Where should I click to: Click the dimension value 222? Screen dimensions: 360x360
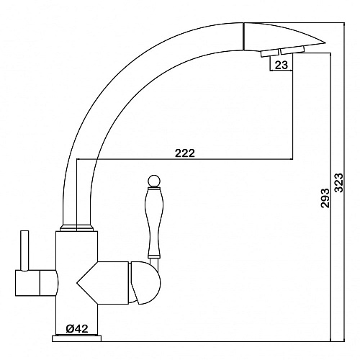185,153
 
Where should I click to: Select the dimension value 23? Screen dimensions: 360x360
281,65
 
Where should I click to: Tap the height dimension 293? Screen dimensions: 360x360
325,198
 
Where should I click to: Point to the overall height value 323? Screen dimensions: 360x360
339,182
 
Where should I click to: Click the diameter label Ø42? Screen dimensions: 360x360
77,328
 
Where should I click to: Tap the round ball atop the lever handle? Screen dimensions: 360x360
153,181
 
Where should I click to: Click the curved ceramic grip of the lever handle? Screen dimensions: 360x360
154,222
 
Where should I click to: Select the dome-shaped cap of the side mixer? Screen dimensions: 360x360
145,283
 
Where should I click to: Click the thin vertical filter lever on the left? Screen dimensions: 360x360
24,251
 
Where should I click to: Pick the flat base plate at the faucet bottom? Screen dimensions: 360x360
76,338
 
